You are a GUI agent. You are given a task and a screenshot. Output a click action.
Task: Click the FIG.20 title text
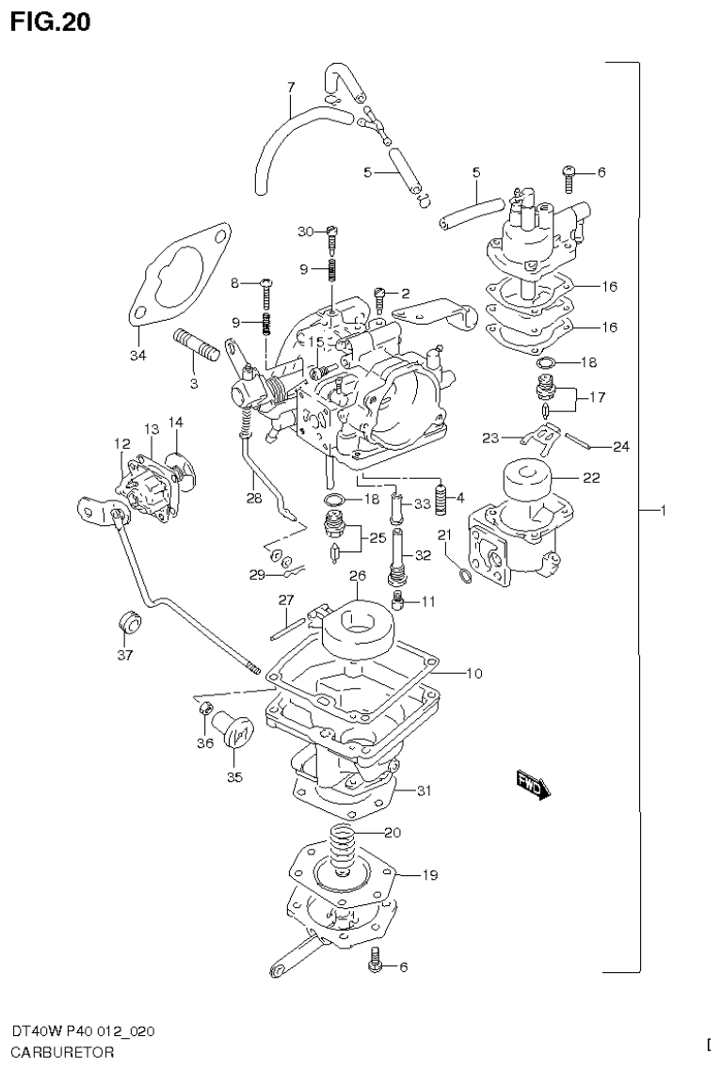click(51, 22)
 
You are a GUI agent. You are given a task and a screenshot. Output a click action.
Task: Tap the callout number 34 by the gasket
click(138, 355)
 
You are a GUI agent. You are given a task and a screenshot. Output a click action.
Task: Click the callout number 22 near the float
click(590, 477)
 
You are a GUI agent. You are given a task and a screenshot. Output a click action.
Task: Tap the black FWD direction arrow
click(531, 783)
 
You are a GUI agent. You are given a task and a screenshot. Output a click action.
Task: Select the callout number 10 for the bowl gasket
click(473, 673)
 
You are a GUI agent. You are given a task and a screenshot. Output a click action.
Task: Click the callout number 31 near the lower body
click(424, 790)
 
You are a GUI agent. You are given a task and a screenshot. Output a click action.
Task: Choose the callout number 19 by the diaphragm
click(429, 875)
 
